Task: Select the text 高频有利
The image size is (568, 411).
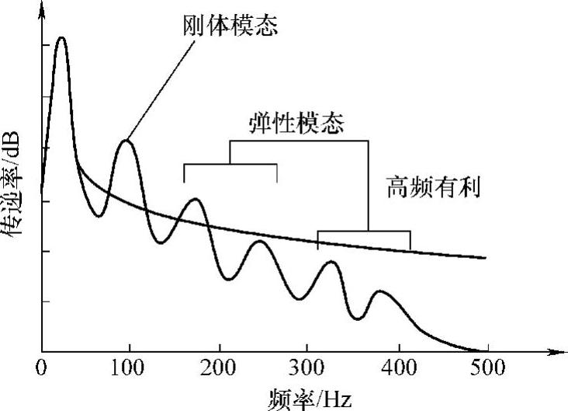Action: click(x=435, y=188)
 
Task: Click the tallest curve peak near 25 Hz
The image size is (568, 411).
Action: click(x=61, y=37)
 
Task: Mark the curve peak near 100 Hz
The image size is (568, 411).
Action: click(x=126, y=141)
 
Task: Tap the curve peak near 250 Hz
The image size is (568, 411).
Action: click(x=261, y=242)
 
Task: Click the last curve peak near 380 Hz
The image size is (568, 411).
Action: click(x=379, y=291)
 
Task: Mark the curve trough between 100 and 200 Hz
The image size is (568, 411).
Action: click(x=161, y=242)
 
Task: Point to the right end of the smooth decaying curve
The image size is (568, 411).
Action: click(x=485, y=258)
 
